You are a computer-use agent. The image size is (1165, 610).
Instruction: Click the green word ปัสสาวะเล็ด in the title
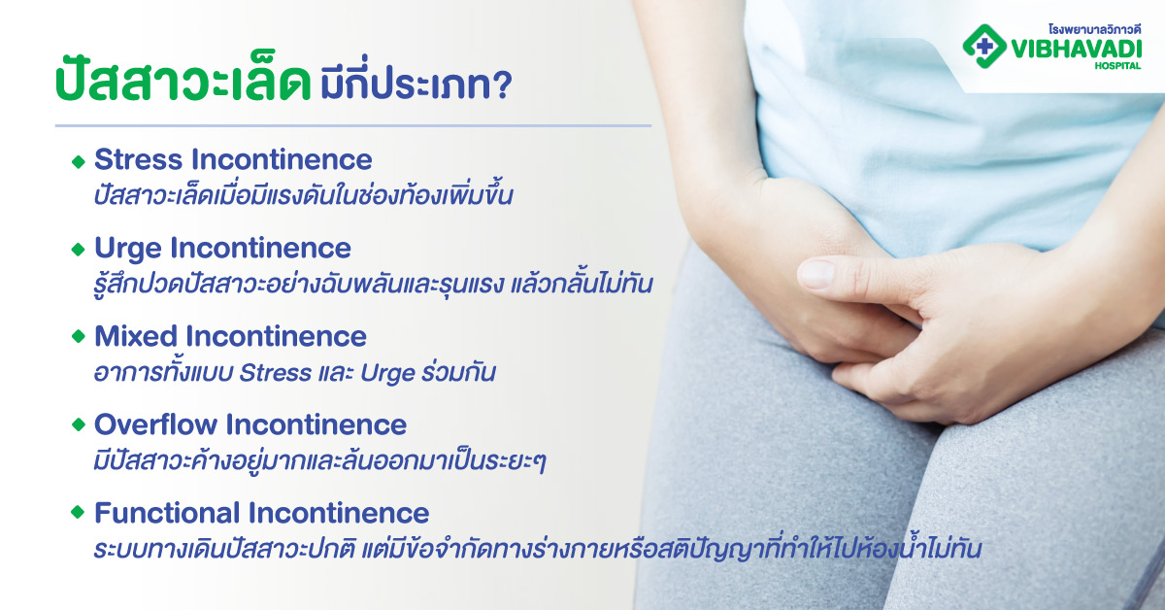(x=181, y=85)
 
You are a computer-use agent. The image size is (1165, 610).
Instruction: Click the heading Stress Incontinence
(x=233, y=159)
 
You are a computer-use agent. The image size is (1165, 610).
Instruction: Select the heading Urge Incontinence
(x=222, y=248)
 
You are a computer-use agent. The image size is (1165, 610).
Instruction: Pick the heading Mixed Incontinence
(x=230, y=336)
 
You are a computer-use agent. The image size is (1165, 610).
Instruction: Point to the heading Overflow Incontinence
(x=250, y=424)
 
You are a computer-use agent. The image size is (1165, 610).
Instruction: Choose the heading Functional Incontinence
(x=261, y=512)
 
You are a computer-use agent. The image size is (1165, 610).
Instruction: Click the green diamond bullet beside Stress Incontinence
(x=79, y=161)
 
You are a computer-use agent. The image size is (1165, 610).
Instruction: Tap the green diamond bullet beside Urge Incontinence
(x=79, y=250)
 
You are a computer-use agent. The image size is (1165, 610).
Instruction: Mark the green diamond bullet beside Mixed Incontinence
(x=79, y=337)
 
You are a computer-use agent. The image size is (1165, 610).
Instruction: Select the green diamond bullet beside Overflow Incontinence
(x=79, y=425)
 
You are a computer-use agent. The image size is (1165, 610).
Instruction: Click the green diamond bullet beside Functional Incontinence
(x=79, y=513)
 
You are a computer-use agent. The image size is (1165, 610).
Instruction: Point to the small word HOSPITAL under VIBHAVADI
(x=1119, y=65)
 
